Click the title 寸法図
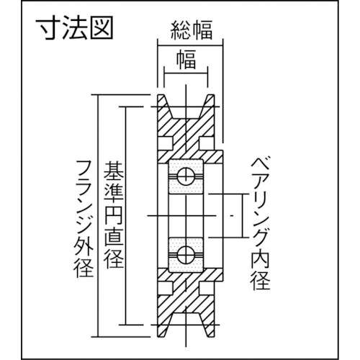pos(74,29)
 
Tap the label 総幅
pos(192,30)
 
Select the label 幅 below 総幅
pos(186,59)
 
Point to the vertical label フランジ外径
pos(84,218)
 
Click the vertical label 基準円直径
pos(113,215)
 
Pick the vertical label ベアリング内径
pos(260,223)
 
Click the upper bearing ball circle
pos(186,177)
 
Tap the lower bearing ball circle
pos(186,255)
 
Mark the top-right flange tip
pos(211,95)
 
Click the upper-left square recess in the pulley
pos(166,143)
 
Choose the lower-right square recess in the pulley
pos(207,289)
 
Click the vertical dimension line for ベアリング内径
pos(243,215)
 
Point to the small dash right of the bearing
pos(232,216)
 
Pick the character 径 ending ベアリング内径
pos(260,282)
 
